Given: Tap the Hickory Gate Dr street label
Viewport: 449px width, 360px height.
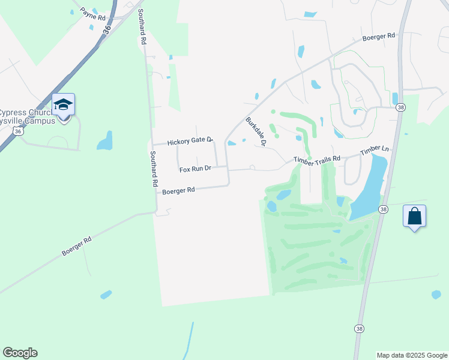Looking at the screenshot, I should click(x=190, y=142).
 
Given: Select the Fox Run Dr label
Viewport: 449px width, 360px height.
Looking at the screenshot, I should click(x=196, y=169).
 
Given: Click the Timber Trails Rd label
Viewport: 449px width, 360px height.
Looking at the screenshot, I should click(x=317, y=159).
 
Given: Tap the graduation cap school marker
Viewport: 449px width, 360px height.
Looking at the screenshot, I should click(x=63, y=105).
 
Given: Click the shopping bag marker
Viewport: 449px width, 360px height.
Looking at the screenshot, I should click(x=415, y=216).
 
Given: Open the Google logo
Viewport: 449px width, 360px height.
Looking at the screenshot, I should click(x=20, y=353).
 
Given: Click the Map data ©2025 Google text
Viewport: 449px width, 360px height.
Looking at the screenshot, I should click(x=411, y=355).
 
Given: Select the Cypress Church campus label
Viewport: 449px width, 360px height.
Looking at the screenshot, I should click(x=27, y=116).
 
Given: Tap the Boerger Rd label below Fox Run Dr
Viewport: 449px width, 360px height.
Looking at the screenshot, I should click(x=179, y=191).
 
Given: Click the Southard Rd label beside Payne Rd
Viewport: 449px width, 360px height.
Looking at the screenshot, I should click(x=142, y=28).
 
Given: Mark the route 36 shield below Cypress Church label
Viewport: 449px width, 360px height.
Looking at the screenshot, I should click(x=20, y=130).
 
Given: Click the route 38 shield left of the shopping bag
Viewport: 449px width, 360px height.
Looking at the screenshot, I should click(x=384, y=209).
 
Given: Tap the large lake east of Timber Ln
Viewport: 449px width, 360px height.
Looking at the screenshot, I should click(x=370, y=186).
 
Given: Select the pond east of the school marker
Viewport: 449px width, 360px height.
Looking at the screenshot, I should click(x=104, y=142).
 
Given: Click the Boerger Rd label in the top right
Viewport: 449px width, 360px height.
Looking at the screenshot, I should click(x=379, y=37).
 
